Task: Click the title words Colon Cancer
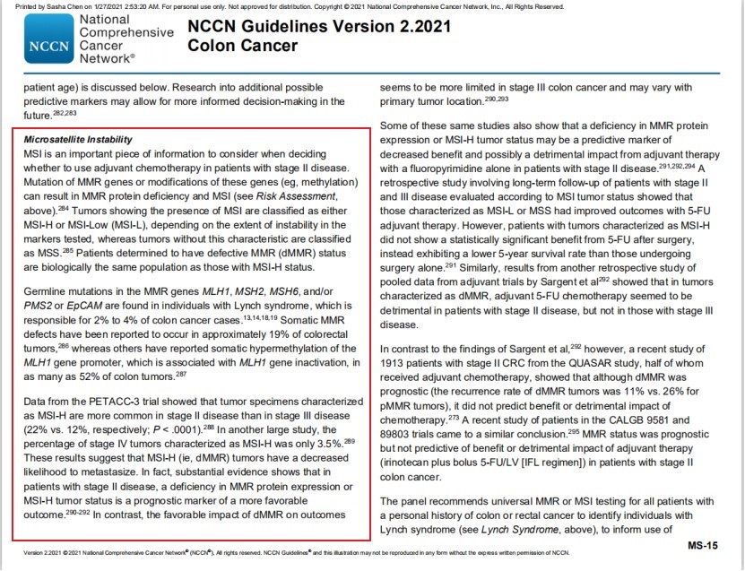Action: pos(242,44)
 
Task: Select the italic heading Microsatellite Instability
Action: pos(78,140)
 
